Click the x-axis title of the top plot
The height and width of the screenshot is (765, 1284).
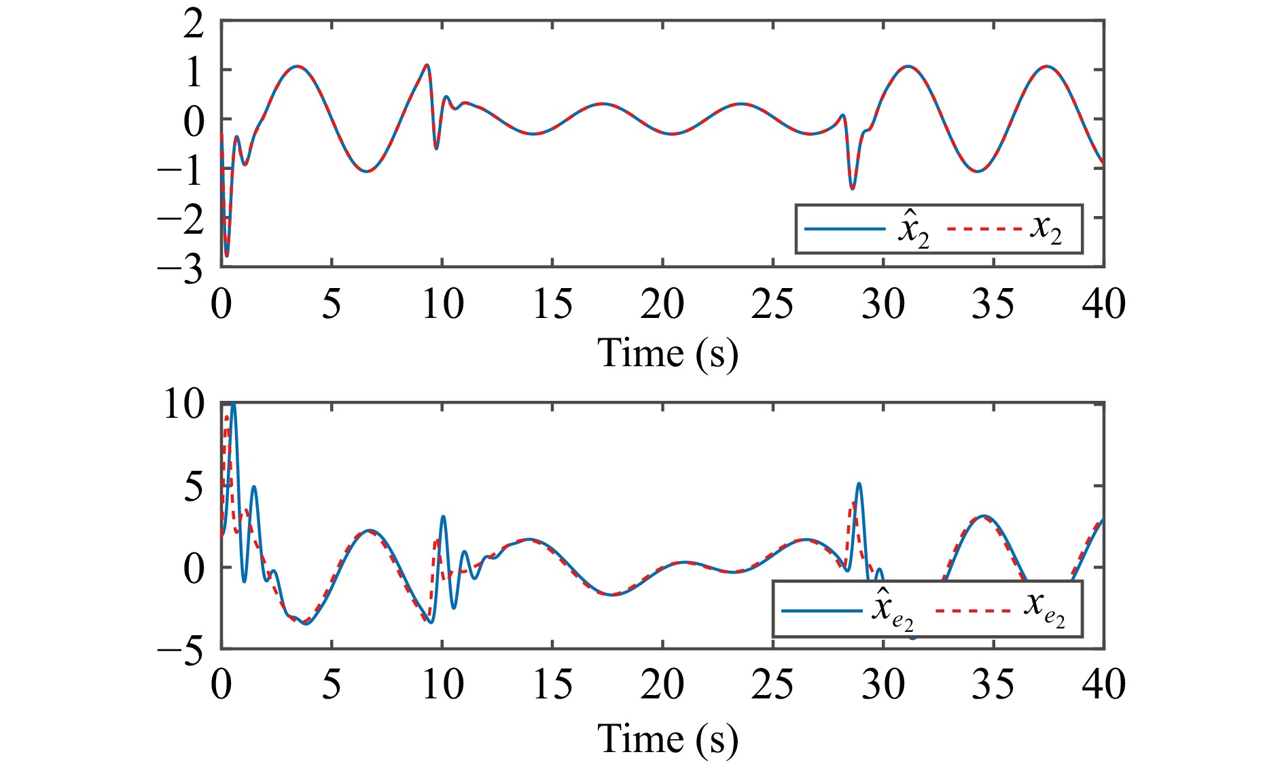coord(667,353)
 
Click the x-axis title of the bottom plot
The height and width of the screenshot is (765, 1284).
coord(667,739)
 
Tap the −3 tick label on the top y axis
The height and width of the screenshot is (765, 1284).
coord(181,270)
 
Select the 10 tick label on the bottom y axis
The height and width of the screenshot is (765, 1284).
coord(183,405)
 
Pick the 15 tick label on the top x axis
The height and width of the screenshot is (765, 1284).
coord(552,304)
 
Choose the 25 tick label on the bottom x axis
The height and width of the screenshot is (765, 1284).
coord(772,685)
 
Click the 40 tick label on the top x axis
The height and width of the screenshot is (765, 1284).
coord(1103,304)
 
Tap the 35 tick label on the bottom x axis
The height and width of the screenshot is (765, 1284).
coord(993,685)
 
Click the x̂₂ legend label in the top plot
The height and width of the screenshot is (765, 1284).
coord(913,230)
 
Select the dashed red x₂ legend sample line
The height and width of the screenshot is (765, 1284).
coord(984,229)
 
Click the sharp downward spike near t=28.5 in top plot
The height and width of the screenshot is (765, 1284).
coord(853,188)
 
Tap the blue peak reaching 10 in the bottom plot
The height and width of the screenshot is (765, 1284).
coord(233,404)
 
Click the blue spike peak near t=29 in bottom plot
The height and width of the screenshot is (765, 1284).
coord(859,484)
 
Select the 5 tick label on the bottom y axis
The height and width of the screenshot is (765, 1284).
coord(194,488)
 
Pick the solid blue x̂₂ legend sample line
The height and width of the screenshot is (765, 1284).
coord(845,229)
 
